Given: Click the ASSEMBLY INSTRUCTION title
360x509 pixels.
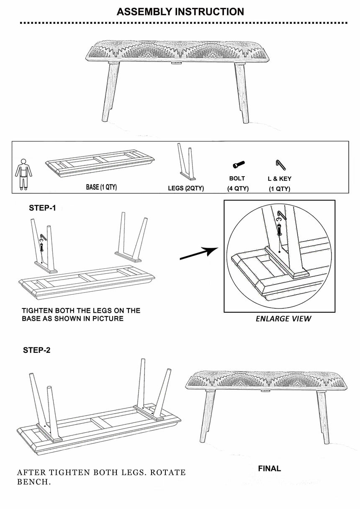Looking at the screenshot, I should tap(180, 12).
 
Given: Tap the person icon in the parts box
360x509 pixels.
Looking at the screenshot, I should tap(22, 173).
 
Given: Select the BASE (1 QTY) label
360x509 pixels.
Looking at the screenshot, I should tap(101, 187).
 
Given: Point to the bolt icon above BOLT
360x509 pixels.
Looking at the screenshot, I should tap(239, 165).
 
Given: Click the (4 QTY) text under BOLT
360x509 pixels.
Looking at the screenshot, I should tap(238, 188).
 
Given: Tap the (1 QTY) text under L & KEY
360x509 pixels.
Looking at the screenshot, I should tap(280, 189).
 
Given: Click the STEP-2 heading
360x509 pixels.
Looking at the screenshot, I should tap(36, 350).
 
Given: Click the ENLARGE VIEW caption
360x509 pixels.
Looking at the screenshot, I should tap(283, 319).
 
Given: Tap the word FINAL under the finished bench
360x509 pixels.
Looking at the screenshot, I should tap(269, 468).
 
